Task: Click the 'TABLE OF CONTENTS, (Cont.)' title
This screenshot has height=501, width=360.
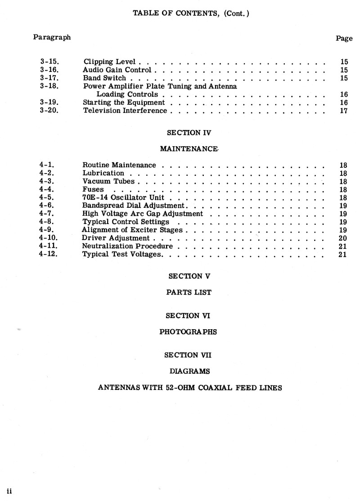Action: pos(191,13)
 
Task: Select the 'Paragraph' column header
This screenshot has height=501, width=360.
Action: pos(52,37)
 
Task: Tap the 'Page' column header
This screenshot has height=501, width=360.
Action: pos(344,39)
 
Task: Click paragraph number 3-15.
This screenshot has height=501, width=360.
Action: pos(49,62)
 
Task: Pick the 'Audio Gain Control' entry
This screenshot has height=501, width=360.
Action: pos(117,70)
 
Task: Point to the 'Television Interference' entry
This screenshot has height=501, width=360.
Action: pos(125,111)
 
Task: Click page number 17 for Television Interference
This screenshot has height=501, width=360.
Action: pos(344,111)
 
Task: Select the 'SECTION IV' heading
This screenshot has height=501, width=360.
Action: pos(189,133)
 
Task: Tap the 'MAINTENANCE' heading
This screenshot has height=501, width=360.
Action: pos(189,149)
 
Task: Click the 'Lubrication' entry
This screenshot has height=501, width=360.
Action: pos(103,173)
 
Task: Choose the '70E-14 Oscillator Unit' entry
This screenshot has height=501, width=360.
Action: pos(123,197)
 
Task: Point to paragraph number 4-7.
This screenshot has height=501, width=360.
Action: pos(47,214)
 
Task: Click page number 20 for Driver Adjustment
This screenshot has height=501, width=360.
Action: pos(343,238)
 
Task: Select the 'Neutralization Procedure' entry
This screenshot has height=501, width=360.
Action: pos(127,246)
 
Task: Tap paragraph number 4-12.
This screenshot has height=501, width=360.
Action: pos(49,254)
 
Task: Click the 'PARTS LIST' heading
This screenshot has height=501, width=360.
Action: pos(189,292)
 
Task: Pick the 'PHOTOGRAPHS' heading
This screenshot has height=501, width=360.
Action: pos(188,332)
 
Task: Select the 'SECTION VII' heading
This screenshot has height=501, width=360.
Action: pos(188,355)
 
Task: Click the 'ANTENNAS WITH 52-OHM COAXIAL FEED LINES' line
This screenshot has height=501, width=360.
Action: pos(190,388)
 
